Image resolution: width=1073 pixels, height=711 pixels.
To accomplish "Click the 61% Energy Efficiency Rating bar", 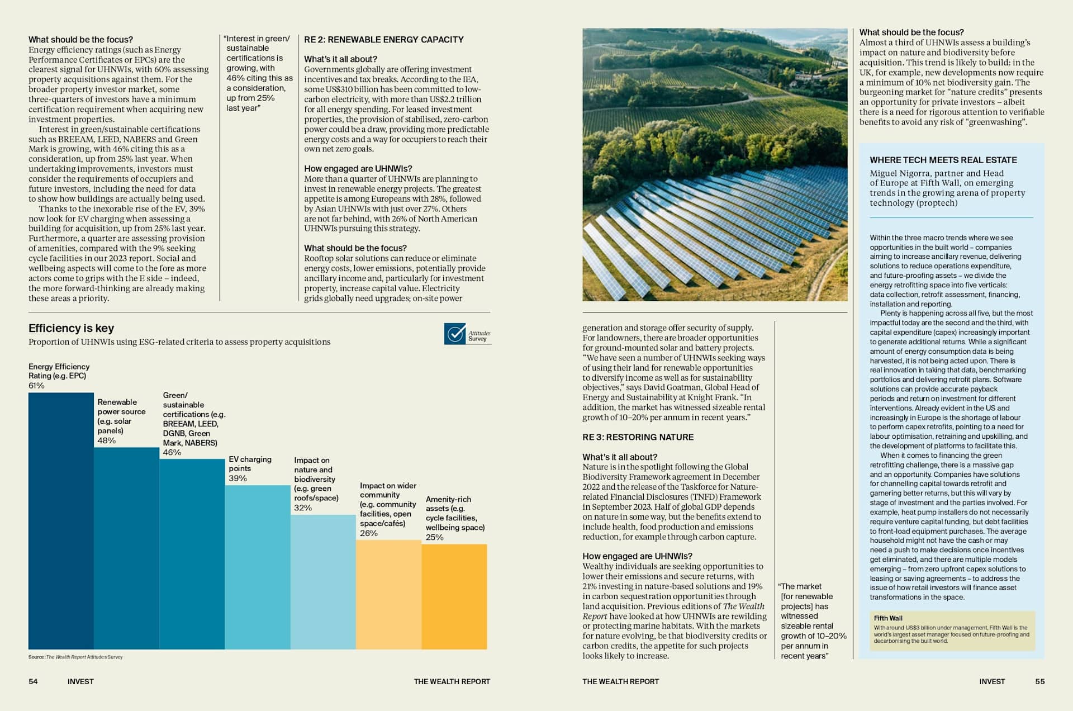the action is pyautogui.click(x=61, y=521).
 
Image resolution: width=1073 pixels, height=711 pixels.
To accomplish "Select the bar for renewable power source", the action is pyautogui.click(x=126, y=548).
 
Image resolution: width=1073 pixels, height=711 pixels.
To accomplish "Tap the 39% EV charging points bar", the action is pyautogui.click(x=258, y=567).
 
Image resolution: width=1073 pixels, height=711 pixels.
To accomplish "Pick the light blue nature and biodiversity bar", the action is pyautogui.click(x=323, y=582).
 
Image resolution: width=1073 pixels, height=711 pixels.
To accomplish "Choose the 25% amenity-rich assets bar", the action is pyautogui.click(x=454, y=597).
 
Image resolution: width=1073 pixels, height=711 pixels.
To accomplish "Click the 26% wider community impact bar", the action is pyautogui.click(x=388, y=595).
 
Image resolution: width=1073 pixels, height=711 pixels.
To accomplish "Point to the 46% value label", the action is pyautogui.click(x=172, y=452).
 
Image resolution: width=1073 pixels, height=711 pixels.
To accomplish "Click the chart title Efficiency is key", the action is pyautogui.click(x=72, y=328).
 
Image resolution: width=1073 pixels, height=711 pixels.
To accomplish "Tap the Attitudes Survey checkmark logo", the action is pyautogui.click(x=455, y=334).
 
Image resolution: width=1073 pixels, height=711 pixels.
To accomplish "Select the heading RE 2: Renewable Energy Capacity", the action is pyautogui.click(x=384, y=40).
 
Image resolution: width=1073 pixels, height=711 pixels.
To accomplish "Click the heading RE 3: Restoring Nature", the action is pyautogui.click(x=638, y=437).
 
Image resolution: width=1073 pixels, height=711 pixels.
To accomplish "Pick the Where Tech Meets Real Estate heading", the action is pyautogui.click(x=943, y=160).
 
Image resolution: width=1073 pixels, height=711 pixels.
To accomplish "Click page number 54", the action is pyautogui.click(x=33, y=681).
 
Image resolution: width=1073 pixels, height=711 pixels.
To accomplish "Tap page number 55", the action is pyautogui.click(x=1039, y=681).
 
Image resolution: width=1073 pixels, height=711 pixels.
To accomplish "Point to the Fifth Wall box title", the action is pyautogui.click(x=888, y=618).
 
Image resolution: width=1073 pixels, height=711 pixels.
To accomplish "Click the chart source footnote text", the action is pyautogui.click(x=75, y=657).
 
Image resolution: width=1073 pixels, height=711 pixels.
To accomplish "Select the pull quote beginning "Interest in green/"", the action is pyautogui.click(x=258, y=73).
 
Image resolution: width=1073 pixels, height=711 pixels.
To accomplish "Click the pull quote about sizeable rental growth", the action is pyautogui.click(x=813, y=621).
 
